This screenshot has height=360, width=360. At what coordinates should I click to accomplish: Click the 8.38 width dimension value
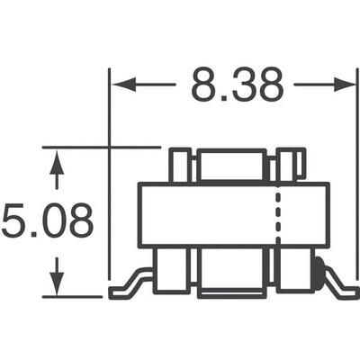tap(237, 85)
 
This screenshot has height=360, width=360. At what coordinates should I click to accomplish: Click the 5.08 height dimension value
tap(47, 220)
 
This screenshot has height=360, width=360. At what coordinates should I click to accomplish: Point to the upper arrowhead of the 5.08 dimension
tap(57, 162)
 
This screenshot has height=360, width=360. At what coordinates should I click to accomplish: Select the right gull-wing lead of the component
tap(339, 286)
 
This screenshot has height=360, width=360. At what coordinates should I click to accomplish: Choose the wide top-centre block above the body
tap(232, 166)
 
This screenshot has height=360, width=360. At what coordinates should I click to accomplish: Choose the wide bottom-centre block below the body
tap(232, 273)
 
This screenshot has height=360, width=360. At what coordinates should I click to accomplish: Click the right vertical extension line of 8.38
tap(357, 180)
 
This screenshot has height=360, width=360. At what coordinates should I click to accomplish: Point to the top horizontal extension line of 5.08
tap(99, 147)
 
